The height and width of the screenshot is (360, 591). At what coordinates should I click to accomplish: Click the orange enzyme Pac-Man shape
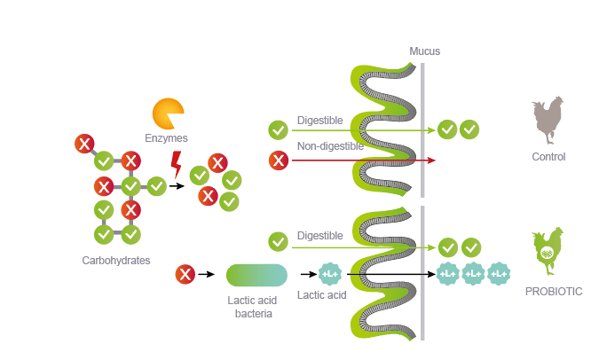pyautogui.click(x=167, y=113)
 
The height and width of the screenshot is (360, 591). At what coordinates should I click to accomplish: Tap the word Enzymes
pyautogui.click(x=167, y=137)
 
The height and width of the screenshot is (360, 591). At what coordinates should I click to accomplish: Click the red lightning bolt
pyautogui.click(x=176, y=163)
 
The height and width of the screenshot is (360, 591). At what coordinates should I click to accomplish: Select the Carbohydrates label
pyautogui.click(x=116, y=260)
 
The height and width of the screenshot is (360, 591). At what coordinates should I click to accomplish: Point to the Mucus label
pyautogui.click(x=424, y=51)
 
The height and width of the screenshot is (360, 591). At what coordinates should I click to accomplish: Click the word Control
pyautogui.click(x=548, y=157)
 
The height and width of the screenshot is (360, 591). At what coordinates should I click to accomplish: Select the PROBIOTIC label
pyautogui.click(x=553, y=291)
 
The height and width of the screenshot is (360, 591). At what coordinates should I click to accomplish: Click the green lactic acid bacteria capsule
pyautogui.click(x=256, y=275)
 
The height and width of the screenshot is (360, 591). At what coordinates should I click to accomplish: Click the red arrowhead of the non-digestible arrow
pyautogui.click(x=431, y=160)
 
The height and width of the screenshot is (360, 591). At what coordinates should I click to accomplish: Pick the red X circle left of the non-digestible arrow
pyautogui.click(x=279, y=160)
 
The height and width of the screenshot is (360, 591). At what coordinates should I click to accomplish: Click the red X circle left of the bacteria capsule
pyautogui.click(x=185, y=274)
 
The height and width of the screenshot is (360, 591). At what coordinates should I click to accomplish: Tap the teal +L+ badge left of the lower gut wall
pyautogui.click(x=330, y=275)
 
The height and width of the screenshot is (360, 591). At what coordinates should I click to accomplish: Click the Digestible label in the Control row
pyautogui.click(x=319, y=119)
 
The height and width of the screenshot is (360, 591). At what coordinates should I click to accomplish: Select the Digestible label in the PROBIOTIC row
pyautogui.click(x=319, y=236)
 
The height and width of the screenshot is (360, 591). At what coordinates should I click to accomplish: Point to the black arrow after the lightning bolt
pyautogui.click(x=177, y=186)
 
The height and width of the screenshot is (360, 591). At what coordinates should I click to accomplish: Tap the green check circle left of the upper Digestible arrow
pyautogui.click(x=279, y=130)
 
